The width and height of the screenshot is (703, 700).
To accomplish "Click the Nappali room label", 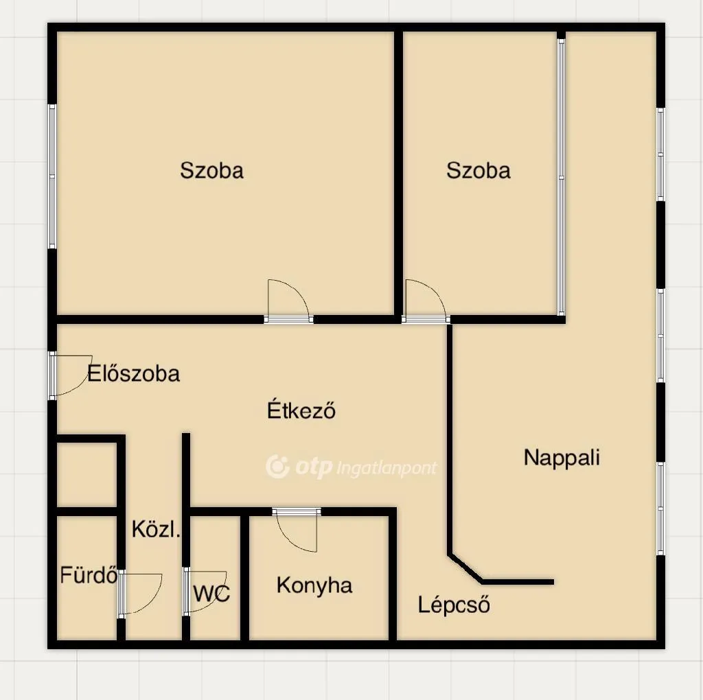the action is coord(562,458).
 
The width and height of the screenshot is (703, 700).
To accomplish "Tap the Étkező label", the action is coord(301,410).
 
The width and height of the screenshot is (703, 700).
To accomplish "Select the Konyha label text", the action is coord(314,585).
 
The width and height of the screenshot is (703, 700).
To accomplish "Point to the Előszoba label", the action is coord(134,373).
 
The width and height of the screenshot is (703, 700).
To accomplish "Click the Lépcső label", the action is coord(454,605).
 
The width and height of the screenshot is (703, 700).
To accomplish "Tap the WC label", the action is coord(211,593).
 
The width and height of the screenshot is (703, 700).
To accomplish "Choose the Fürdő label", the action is coord(89,575).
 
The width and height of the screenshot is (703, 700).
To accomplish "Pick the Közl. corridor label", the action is coord(156,530).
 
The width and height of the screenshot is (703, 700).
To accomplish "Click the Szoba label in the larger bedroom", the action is coord(211,170).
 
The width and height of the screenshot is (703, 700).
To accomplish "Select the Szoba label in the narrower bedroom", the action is coord(479,170).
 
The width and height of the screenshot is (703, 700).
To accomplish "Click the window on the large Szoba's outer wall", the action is coord(52,176).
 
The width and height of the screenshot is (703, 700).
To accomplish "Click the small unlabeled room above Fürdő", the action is coord(87,475).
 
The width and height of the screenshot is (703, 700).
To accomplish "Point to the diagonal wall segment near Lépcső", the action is coord(465,568).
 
